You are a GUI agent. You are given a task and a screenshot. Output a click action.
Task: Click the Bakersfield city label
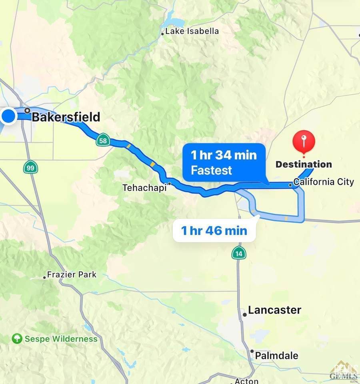pyautogui.click(x=66, y=117)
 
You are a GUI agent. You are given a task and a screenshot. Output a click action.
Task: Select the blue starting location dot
pyautogui.click(x=8, y=117)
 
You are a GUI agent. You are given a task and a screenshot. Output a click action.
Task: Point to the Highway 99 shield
pyautogui.click(x=30, y=167)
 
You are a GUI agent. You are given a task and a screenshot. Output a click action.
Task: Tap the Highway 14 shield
pyautogui.click(x=238, y=253)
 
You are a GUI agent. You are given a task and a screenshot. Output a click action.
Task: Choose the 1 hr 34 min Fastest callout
pyautogui.click(x=224, y=162)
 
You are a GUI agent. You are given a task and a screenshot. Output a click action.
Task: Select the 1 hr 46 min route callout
pyautogui.click(x=214, y=231)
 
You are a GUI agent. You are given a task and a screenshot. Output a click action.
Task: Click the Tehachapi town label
pyautogui.click(x=144, y=187)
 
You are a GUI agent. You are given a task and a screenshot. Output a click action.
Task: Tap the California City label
pyautogui.click(x=324, y=182)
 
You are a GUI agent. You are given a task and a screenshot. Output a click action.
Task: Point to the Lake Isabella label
pyautogui.click(x=192, y=31)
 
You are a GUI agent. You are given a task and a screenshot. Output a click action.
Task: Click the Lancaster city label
pyautogui.click(x=274, y=310)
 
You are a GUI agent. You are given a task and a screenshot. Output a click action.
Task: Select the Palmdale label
pyautogui.click(x=276, y=355)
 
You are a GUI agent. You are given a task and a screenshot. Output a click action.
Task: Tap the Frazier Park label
pyautogui.click(x=72, y=275)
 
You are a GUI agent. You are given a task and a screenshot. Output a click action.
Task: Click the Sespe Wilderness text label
pyautogui.click(x=61, y=339)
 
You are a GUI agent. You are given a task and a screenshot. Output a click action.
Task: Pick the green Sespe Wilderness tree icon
pyautogui.click(x=17, y=339)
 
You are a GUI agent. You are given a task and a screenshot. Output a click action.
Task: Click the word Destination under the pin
pyautogui.click(x=304, y=164)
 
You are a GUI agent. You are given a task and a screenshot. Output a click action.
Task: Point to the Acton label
pyautogui.click(x=246, y=381)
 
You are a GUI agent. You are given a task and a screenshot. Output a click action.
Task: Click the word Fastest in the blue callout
pyautogui.click(x=211, y=170)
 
